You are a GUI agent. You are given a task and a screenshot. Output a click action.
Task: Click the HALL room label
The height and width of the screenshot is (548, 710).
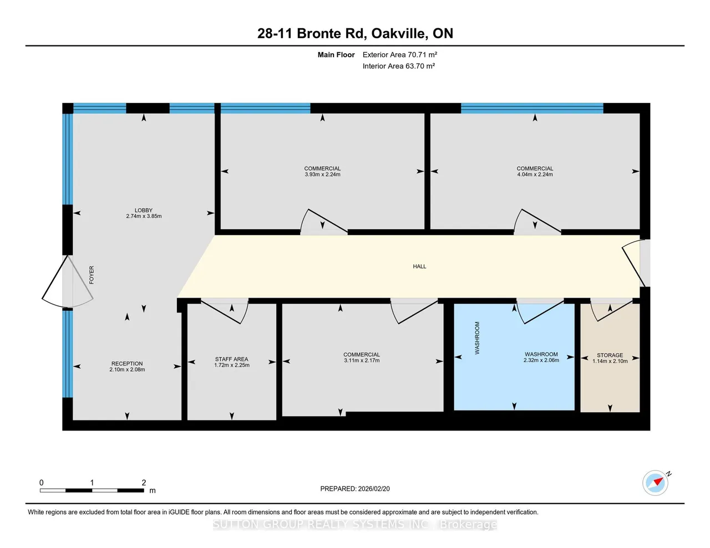419,267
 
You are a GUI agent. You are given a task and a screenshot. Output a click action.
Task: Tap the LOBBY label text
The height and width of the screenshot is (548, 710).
144,210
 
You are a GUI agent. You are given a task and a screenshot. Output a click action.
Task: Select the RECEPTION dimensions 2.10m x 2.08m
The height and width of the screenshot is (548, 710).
127,370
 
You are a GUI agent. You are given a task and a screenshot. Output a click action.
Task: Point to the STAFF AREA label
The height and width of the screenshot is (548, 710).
232,359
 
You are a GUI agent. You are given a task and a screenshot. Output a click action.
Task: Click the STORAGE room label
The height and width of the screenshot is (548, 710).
610,355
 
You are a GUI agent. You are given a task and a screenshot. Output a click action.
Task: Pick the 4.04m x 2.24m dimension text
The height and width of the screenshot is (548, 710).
535,175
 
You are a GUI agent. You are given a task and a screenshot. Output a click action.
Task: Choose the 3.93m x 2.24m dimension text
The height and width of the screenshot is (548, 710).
322,175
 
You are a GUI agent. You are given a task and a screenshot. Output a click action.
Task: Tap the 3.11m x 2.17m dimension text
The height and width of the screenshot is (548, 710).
361,360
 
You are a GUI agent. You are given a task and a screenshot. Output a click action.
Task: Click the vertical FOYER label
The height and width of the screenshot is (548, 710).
92,275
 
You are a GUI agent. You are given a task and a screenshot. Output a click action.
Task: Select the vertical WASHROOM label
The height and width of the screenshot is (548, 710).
477,338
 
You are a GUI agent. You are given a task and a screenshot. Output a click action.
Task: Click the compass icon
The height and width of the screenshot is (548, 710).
655,483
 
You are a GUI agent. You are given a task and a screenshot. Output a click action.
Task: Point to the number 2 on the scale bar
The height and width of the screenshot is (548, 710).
144,483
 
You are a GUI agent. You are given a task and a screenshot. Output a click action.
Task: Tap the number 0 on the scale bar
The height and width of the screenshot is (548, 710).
42,483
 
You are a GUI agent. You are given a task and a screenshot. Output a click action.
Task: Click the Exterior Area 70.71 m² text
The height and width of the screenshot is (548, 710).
399,54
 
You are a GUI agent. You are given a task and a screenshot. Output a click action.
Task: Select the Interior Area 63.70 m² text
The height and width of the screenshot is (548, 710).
399,66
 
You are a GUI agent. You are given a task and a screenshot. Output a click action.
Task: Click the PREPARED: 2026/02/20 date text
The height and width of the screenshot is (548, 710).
355,489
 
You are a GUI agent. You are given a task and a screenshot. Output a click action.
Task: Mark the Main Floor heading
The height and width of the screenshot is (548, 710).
336,54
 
